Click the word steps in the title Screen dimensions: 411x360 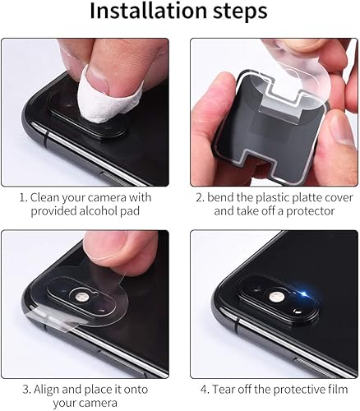coord(242,14)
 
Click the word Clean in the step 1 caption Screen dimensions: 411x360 coord(48,196)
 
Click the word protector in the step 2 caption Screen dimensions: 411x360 coord(309,212)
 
